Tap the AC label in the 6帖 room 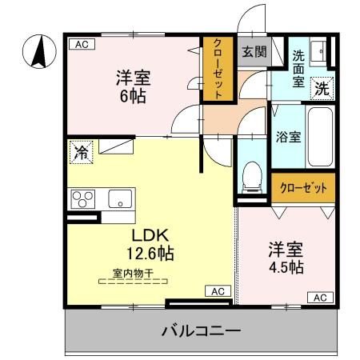coord(80,45)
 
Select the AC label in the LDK coord(217,291)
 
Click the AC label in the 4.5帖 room coord(319,298)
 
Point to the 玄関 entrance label coord(254,53)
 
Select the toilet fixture coord(252,174)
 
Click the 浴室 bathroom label coord(288,135)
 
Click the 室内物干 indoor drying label coord(132,273)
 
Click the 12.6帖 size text coord(150,254)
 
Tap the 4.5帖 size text coord(286,267)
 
